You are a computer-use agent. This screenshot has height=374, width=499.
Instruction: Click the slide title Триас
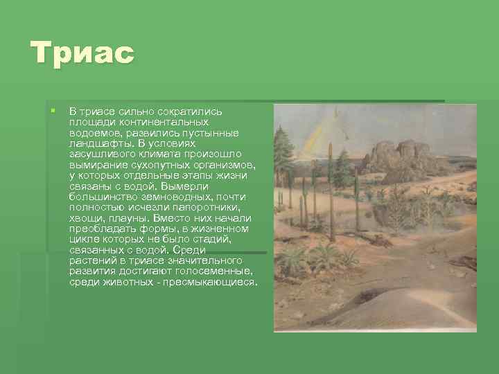coord(82,53)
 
